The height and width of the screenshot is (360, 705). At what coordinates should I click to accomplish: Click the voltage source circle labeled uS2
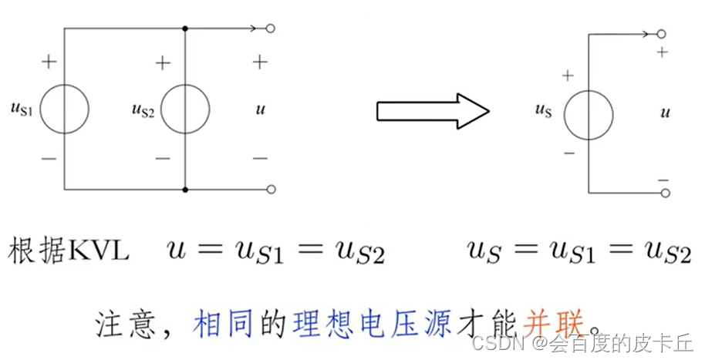coord(185,109)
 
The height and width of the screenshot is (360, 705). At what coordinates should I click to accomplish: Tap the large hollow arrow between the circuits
coord(432,111)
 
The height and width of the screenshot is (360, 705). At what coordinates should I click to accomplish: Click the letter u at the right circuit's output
coord(665,113)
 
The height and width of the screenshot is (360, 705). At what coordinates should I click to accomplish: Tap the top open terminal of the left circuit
coord(270,29)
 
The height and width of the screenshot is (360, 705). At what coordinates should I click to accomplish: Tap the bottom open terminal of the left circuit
coord(270,190)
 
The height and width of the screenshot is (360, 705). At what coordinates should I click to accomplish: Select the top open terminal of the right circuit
coord(663,35)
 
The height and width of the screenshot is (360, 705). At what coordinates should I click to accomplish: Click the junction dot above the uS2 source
coord(185,29)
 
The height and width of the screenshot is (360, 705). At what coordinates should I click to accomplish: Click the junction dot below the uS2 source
coord(185,190)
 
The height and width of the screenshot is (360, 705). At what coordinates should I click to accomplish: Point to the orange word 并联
coord(548,318)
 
